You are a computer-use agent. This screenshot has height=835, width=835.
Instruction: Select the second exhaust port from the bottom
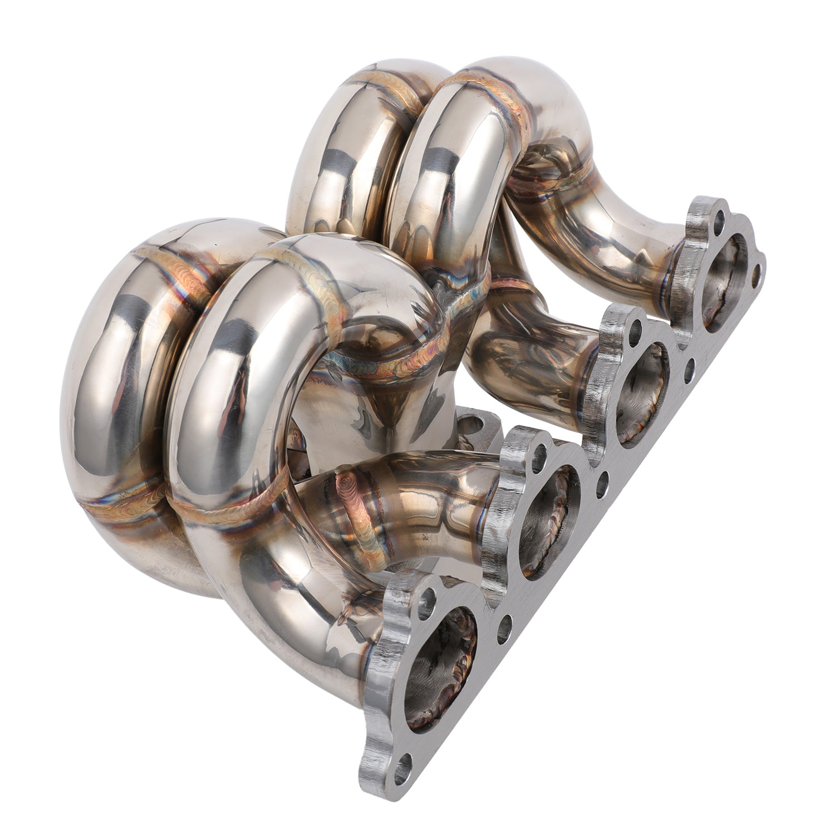click(548, 523)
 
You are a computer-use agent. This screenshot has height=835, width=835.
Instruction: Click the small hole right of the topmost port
click(755, 274)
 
